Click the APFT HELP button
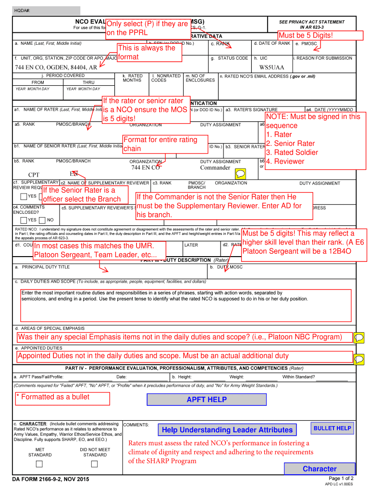pos(207,400)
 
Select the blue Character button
pos(320,469)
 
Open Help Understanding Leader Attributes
pos(227,430)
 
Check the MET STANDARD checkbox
pos(40,464)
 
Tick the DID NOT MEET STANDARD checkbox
pos(95,464)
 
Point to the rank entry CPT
pos(34,174)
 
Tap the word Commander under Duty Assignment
pos(215,168)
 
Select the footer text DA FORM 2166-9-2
pos(50,479)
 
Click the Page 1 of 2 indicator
pos(341,479)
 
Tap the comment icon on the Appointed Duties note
pos(358,359)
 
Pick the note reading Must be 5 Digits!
pos(306,36)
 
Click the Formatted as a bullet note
pos(53,397)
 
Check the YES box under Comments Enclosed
pos(24,220)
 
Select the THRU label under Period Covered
pos(88,82)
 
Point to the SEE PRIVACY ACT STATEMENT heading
pos(312,22)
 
